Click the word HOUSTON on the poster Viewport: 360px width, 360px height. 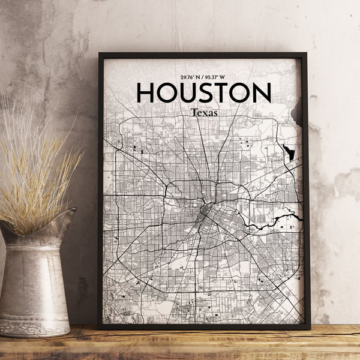(204, 93)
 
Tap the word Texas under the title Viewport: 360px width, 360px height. (205, 112)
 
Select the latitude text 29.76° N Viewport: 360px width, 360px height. (189, 77)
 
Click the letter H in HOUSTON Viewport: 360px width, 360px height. (147, 93)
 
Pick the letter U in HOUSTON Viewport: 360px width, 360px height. (191, 93)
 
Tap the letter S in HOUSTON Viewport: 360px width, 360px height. (210, 93)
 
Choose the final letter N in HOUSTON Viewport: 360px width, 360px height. (262, 93)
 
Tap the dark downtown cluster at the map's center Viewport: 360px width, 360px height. (205, 212)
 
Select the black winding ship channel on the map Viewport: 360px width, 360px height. (270, 221)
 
